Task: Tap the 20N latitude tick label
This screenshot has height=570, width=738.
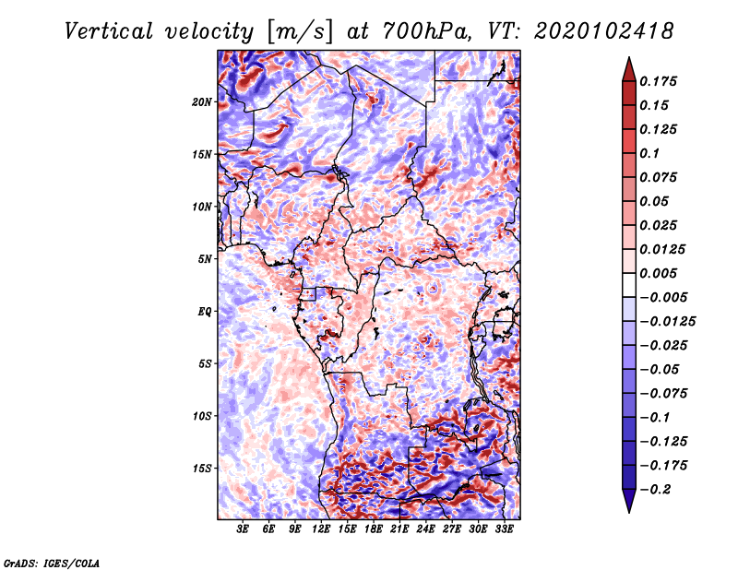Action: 202,101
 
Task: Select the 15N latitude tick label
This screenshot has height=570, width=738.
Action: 202,154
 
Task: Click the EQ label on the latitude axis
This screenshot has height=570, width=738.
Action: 206,312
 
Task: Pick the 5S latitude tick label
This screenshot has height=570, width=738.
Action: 206,363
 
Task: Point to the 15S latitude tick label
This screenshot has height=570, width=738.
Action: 202,469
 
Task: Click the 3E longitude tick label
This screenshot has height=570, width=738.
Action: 244,530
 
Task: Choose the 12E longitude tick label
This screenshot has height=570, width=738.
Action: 321,530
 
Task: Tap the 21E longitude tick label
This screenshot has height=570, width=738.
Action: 399,530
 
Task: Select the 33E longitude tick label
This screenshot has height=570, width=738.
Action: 504,530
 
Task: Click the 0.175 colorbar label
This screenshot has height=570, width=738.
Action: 661,81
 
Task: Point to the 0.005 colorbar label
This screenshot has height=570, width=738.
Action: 661,274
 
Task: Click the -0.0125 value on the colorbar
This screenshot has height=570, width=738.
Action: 668,322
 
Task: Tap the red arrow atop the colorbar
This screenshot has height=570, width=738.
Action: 627,68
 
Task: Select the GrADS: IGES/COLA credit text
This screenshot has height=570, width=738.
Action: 52,562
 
